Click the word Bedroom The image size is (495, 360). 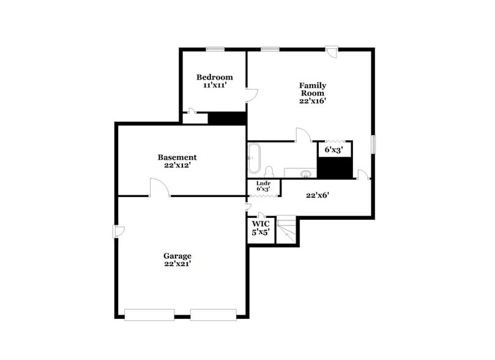click(214, 77)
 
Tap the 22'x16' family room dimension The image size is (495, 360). click(312, 102)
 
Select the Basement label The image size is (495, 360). click(177, 157)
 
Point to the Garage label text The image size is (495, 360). click(177, 256)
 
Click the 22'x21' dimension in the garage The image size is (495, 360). click(177, 264)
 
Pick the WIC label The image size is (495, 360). click(261, 224)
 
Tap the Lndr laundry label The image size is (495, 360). click(263, 183)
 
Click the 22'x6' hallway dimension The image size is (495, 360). click(319, 196)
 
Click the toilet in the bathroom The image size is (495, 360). click(269, 171)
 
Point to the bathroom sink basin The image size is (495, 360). click(307, 174)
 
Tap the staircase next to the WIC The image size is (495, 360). click(286, 231)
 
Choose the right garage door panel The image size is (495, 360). click(213, 315)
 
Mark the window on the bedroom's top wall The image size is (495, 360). click(214, 49)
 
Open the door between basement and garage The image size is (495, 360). click(159, 188)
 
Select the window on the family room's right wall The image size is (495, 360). click(373, 144)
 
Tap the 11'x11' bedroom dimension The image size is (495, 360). click(214, 85)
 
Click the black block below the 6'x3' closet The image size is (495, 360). click(334, 167)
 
